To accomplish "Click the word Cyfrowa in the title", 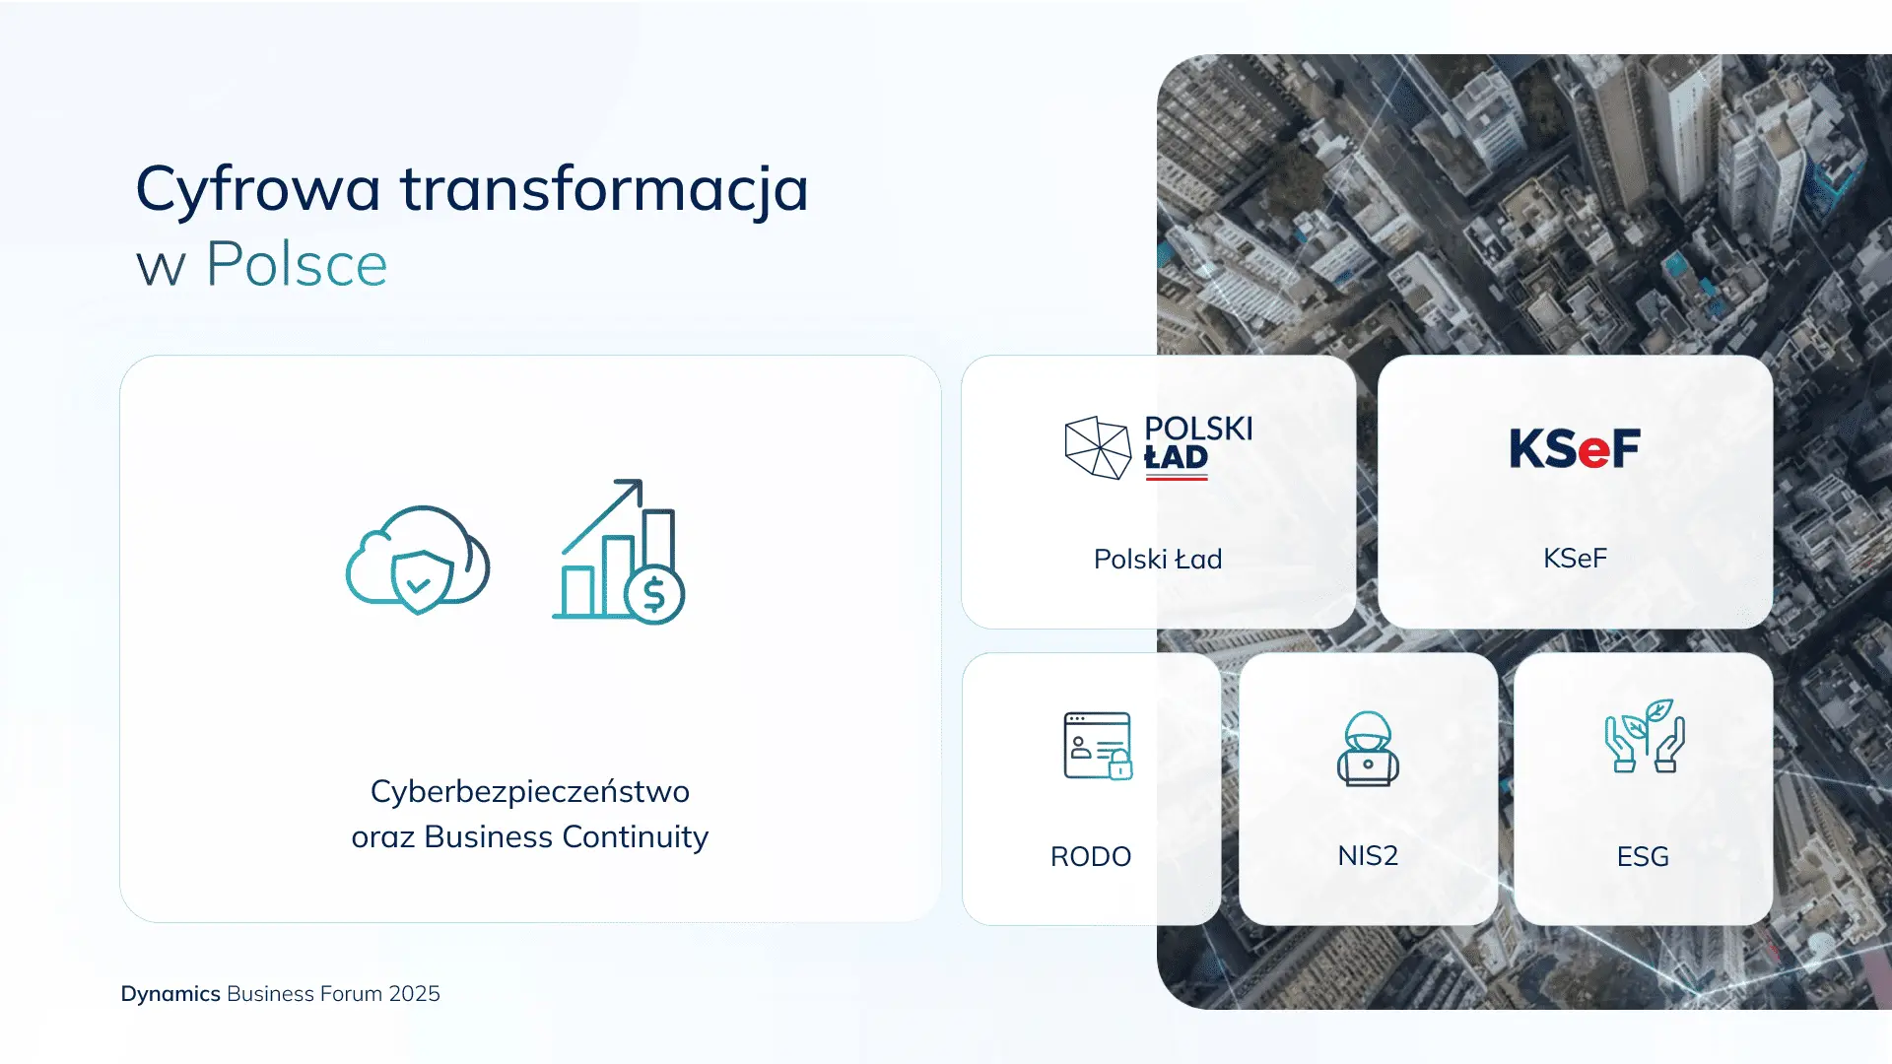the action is (x=258, y=190).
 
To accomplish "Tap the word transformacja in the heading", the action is (x=605, y=189).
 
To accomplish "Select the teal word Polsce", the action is (x=297, y=264).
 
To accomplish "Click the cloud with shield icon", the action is (x=418, y=560).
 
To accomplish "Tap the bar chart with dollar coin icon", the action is (x=619, y=552).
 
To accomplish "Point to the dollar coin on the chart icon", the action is (x=654, y=594).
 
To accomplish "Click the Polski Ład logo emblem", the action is (x=1098, y=447).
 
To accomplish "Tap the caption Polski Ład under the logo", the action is (x=1158, y=560).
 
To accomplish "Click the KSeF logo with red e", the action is (x=1575, y=449).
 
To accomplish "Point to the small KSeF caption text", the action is (x=1575, y=559).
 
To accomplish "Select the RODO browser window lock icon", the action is (x=1098, y=746).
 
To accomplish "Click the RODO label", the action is (x=1091, y=857).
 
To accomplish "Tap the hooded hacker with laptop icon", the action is (x=1368, y=749).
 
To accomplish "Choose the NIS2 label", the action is (x=1368, y=856).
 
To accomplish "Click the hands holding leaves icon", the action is (x=1645, y=736).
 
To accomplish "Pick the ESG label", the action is (x=1643, y=857).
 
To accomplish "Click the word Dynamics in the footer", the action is (x=170, y=994).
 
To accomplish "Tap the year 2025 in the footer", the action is (x=414, y=994).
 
